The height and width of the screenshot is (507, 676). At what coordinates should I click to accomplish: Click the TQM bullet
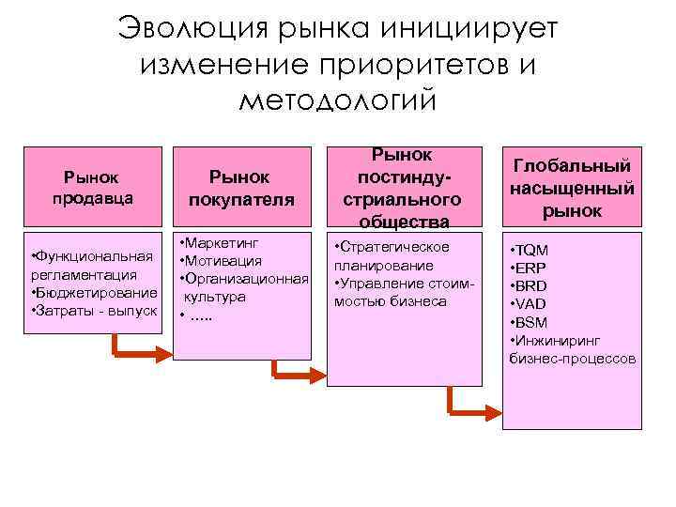tap(532, 251)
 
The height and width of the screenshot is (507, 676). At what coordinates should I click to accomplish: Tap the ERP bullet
tap(532, 269)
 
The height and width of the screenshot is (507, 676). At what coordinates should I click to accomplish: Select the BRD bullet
tap(532, 286)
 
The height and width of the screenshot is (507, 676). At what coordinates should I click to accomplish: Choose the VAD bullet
tap(532, 304)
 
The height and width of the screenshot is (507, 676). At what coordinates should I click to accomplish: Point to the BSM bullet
tap(532, 322)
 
